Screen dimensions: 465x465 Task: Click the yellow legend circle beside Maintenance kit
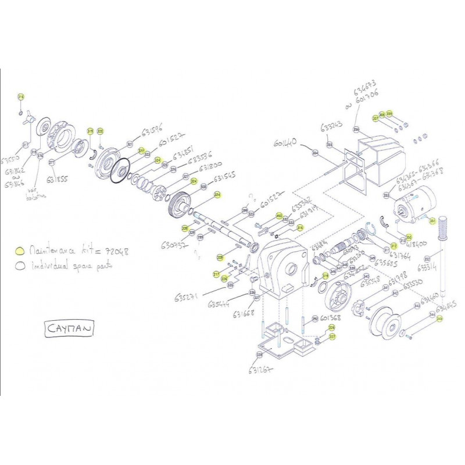click(20, 251)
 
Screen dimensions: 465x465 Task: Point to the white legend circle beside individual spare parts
click(20, 264)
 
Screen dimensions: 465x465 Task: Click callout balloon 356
click(356, 130)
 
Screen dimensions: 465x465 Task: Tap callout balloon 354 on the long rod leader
click(316, 153)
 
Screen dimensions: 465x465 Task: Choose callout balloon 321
click(130, 144)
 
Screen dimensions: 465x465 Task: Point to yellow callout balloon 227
click(332, 336)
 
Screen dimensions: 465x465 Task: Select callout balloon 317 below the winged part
click(25, 145)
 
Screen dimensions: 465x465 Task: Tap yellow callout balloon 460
click(278, 216)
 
